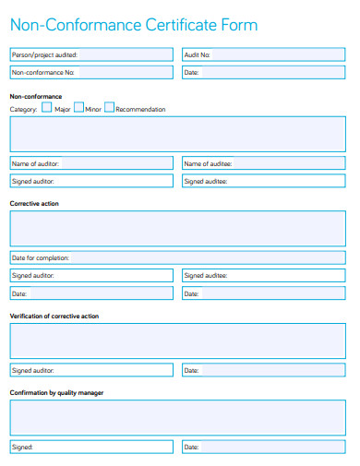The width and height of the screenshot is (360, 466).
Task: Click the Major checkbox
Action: [x=47, y=107]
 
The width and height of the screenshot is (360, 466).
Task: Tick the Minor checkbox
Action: [x=78, y=107]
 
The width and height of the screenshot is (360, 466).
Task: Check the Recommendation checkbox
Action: [x=109, y=107]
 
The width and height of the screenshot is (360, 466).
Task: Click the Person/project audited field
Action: [x=90, y=54]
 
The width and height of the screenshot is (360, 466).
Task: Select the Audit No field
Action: [x=267, y=54]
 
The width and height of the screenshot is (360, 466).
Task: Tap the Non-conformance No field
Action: [x=90, y=72]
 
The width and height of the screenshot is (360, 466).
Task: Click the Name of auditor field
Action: [x=90, y=163]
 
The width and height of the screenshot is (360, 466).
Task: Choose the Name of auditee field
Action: [x=267, y=163]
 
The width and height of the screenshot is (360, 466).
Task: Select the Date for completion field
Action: [x=179, y=257]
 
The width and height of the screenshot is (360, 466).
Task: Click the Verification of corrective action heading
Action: [x=54, y=317]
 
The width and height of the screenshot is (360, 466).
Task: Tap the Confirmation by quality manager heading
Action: [x=56, y=393]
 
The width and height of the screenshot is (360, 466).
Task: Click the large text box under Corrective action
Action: [x=179, y=228]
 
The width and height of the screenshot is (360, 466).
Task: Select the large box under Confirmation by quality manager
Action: [x=179, y=417]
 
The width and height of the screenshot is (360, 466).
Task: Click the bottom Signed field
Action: [x=90, y=447]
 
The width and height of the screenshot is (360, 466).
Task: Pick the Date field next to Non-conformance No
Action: [x=267, y=72]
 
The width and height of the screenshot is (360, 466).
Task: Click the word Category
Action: [x=23, y=109]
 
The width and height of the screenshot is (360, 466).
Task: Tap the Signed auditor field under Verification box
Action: [x=90, y=370]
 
